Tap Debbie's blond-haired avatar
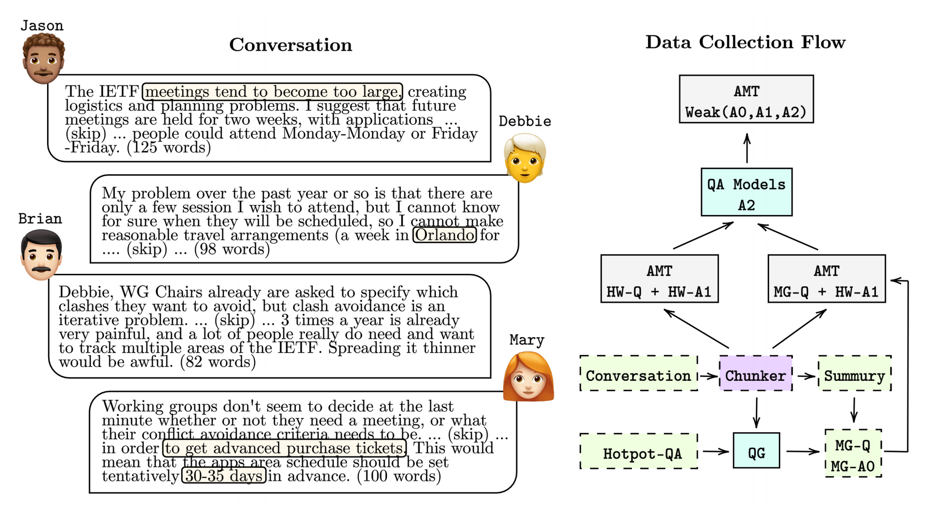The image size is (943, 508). (x=525, y=158)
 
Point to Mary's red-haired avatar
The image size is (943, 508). (x=528, y=377)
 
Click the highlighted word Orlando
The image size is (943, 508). (x=445, y=235)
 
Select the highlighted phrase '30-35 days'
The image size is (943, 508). (x=224, y=475)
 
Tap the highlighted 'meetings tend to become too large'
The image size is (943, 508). (x=273, y=91)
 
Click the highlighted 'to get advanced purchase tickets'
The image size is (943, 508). (x=285, y=448)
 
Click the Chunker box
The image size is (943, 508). (x=755, y=376)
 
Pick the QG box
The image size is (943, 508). (x=756, y=453)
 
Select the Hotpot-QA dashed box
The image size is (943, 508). (x=639, y=453)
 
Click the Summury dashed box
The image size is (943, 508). (x=854, y=376)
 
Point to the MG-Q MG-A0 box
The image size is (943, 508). (x=853, y=455)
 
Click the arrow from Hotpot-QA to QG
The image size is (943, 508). (x=715, y=452)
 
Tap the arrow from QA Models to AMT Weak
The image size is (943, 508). (x=747, y=148)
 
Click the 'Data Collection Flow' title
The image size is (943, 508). (x=745, y=42)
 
